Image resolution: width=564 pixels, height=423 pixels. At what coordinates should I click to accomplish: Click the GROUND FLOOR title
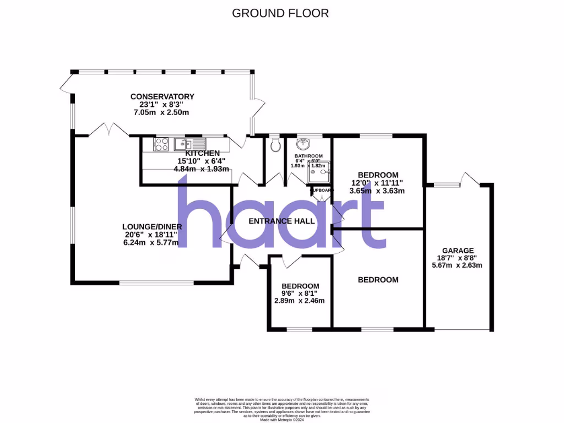[280, 13]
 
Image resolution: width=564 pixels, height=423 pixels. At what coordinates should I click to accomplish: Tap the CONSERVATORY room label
[162, 96]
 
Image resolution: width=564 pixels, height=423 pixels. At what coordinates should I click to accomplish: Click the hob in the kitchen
[161, 144]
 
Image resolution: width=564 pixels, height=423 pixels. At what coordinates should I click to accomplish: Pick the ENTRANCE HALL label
[281, 221]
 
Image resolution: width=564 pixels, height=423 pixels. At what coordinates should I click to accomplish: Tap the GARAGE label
[457, 250]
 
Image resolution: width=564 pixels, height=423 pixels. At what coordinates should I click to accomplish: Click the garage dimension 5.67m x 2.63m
[457, 265]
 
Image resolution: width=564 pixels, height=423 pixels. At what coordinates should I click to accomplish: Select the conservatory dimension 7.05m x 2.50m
[161, 112]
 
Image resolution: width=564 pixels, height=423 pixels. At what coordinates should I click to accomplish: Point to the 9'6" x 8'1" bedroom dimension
[300, 294]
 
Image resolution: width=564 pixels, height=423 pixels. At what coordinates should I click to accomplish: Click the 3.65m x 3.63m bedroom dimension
[377, 191]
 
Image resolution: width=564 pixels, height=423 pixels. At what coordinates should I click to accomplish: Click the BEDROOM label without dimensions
[378, 280]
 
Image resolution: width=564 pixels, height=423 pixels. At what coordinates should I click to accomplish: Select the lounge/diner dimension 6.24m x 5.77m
[150, 243]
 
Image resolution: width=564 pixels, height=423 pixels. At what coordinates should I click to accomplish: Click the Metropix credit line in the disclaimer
[281, 419]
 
